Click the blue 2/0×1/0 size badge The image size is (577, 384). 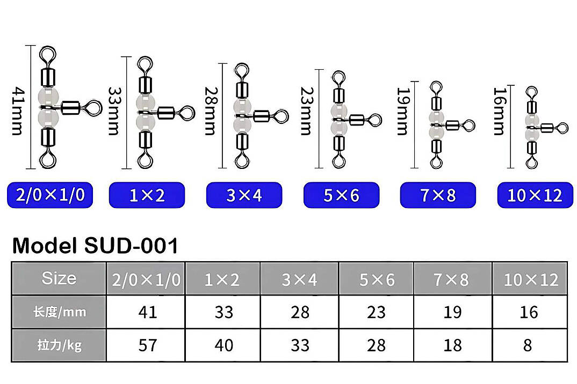50,195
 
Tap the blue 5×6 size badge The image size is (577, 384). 341,195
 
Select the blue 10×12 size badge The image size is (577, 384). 535,195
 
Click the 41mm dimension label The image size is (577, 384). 18,110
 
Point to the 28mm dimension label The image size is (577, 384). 211,110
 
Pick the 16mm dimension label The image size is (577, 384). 500,110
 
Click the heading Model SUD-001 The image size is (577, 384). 95,246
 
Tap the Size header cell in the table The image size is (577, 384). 59,278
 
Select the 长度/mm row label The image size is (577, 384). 59,312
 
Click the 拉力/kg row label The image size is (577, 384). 59,345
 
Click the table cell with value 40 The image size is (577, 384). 223,345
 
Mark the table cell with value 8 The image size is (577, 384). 530,345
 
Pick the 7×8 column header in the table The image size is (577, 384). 452,279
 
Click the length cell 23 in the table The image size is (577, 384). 376,312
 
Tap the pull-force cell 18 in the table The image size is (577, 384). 452,345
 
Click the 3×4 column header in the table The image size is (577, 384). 300,279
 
